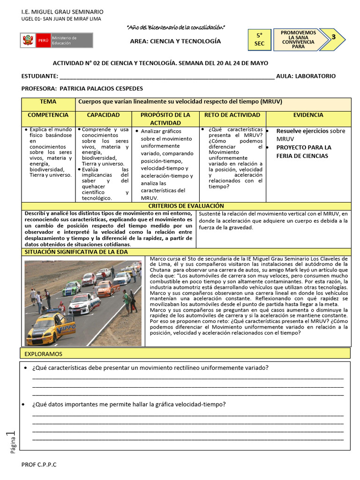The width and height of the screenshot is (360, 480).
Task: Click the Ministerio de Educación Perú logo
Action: [x=56, y=40]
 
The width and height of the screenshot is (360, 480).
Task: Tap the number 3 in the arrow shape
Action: [x=333, y=37]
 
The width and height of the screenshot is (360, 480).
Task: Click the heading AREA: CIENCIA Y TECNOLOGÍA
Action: [x=175, y=41]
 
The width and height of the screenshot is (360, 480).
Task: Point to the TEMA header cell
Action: [x=48, y=102]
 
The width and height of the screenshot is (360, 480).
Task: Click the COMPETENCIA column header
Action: [x=48, y=115]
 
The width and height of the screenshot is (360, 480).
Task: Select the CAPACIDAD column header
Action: [x=103, y=115]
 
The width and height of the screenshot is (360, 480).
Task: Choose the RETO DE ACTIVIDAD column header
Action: [x=232, y=115]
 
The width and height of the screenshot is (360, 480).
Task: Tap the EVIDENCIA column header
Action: [x=308, y=115]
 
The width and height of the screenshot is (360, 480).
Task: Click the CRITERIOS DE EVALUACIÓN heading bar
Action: [x=186, y=206]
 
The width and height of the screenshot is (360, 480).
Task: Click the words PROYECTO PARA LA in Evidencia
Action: [x=303, y=148]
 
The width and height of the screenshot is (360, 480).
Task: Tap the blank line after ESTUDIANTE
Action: [x=166, y=76]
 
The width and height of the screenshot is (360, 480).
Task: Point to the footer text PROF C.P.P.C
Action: [x=39, y=464]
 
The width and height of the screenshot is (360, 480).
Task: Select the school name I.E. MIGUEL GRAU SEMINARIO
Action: [x=63, y=11]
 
